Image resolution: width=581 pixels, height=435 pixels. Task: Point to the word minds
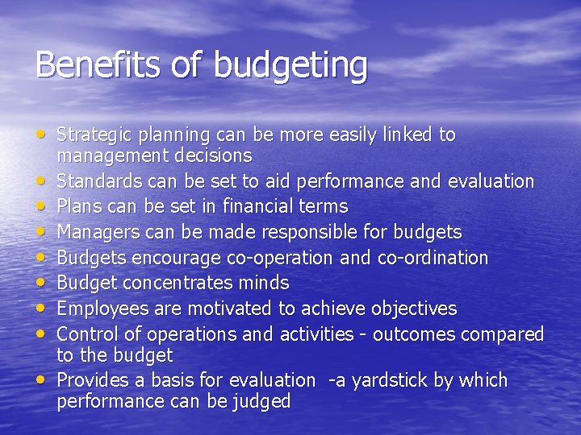[264, 284]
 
